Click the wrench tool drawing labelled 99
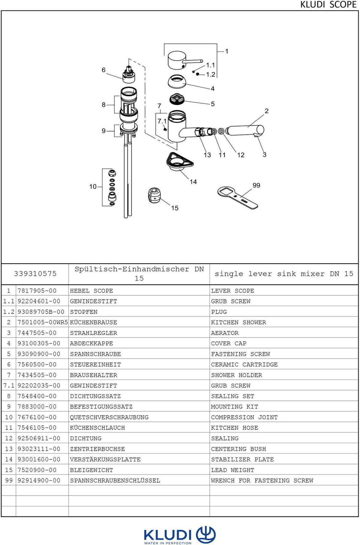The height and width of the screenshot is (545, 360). (x=237, y=198)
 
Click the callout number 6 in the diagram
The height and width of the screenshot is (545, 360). (x=103, y=70)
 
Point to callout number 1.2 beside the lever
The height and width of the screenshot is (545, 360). (x=211, y=74)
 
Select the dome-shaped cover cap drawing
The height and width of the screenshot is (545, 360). (x=177, y=82)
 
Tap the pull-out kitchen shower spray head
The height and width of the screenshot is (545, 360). (x=245, y=131)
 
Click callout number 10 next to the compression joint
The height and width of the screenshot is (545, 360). (x=93, y=186)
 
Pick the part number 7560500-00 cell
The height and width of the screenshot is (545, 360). (x=37, y=365)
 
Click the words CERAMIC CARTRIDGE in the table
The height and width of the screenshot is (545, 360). (x=244, y=365)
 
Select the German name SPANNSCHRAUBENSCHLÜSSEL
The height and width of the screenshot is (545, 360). (x=115, y=481)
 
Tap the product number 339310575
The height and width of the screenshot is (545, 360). (x=35, y=274)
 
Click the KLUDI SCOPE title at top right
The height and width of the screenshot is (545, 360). (x=328, y=5)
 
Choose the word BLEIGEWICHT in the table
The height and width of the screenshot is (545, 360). (x=91, y=470)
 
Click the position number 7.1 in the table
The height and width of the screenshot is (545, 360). (x=9, y=386)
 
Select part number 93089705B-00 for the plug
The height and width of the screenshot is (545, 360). (x=41, y=312)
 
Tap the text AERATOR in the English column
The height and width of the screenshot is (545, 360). (x=225, y=333)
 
